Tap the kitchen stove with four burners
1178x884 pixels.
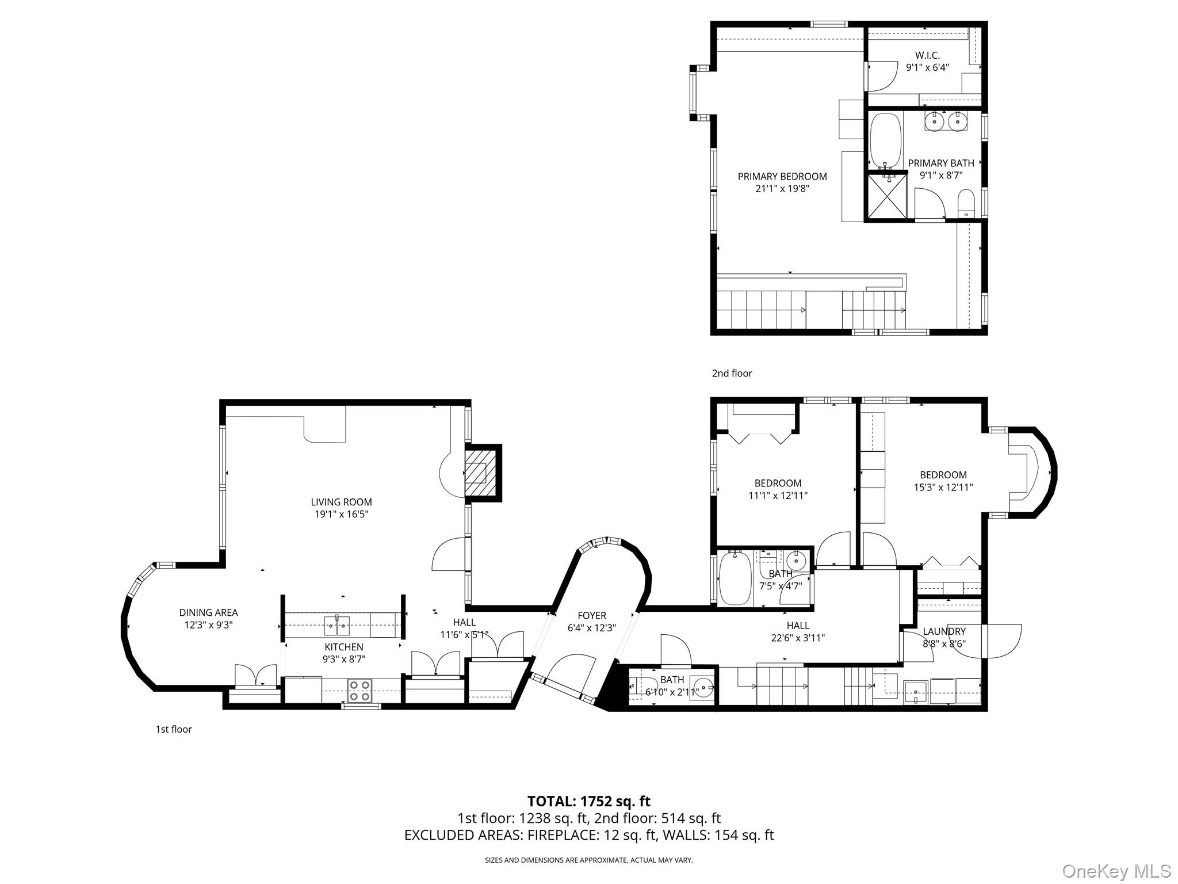coord(359,690)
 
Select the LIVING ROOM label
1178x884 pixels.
coord(341,502)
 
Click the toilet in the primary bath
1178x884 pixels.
coord(966,204)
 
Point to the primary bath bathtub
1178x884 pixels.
coord(885,142)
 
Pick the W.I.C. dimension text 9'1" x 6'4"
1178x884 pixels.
coord(927,67)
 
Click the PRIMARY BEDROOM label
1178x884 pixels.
coord(782,176)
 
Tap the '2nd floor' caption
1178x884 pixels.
coord(732,373)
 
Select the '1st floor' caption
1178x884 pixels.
coord(174,729)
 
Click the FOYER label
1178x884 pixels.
coord(591,616)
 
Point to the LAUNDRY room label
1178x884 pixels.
coord(944,631)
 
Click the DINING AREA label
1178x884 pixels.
coord(208,612)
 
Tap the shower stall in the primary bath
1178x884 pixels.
coord(886,196)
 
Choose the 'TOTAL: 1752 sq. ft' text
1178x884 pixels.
coord(589,801)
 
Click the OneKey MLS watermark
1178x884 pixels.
coord(1116,871)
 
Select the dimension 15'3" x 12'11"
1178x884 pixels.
coord(943,487)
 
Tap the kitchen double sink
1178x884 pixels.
coord(337,624)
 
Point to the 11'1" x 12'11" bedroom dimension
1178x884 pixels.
coord(778,496)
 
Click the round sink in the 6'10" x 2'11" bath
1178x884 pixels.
coord(703,685)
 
